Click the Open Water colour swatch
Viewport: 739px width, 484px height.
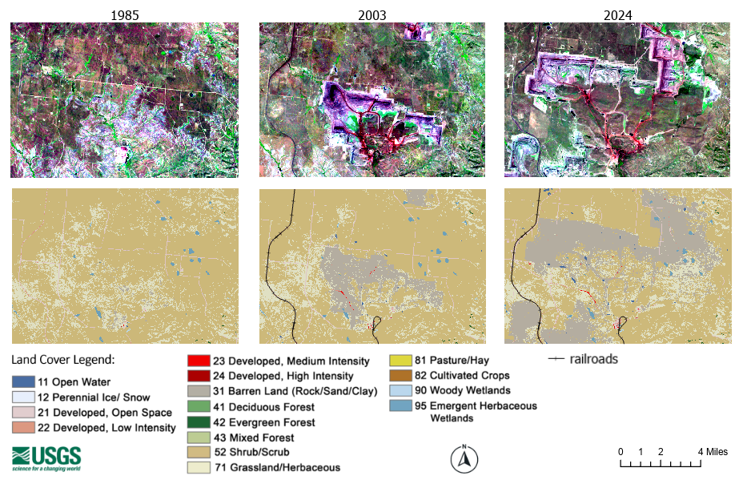[x=22, y=382]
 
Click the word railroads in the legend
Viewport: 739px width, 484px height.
[x=593, y=359]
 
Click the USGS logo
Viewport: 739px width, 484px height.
[x=46, y=458]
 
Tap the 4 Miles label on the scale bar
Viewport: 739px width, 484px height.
[x=713, y=452]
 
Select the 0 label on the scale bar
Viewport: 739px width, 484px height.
[x=621, y=452]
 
